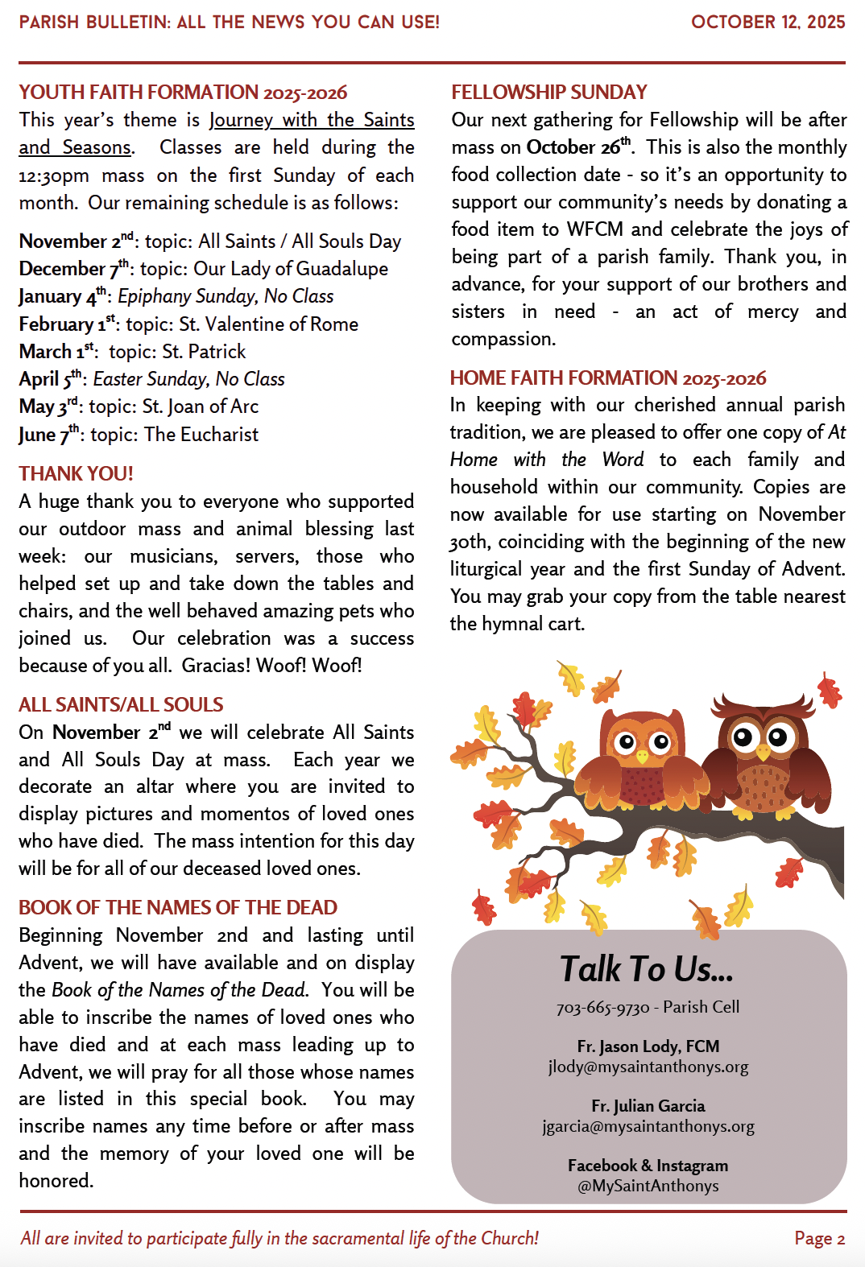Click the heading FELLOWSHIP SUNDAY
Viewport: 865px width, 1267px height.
point(549,93)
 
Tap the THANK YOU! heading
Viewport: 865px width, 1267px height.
point(77,473)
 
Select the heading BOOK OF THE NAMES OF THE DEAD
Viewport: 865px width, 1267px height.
point(178,907)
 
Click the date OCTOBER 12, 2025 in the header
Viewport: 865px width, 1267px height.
point(768,22)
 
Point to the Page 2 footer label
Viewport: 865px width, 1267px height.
point(819,1238)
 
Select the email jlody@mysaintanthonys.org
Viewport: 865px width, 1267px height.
point(648,1067)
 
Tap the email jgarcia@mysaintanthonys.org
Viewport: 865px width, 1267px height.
point(648,1126)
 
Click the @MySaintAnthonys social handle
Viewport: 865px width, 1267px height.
point(648,1186)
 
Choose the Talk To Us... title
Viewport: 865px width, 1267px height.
point(647,969)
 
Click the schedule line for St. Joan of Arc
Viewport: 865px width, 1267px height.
point(139,407)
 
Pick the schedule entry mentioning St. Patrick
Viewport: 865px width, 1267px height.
point(132,352)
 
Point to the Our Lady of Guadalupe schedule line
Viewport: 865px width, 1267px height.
point(203,269)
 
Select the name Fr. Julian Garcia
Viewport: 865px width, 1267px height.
point(648,1106)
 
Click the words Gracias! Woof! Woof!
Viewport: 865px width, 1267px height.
point(271,666)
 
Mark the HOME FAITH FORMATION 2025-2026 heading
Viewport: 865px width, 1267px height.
point(608,378)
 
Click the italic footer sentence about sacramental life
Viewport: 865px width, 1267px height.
point(279,1238)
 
